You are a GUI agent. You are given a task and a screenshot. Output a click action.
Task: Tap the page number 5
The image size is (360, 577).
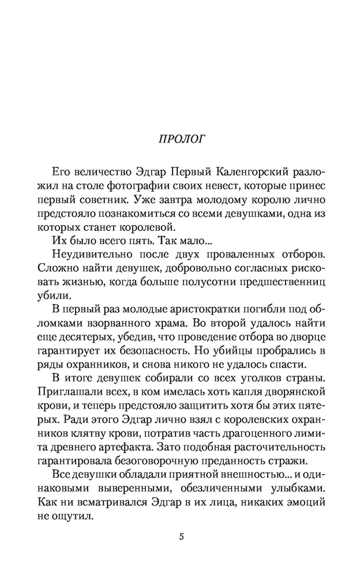181,537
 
